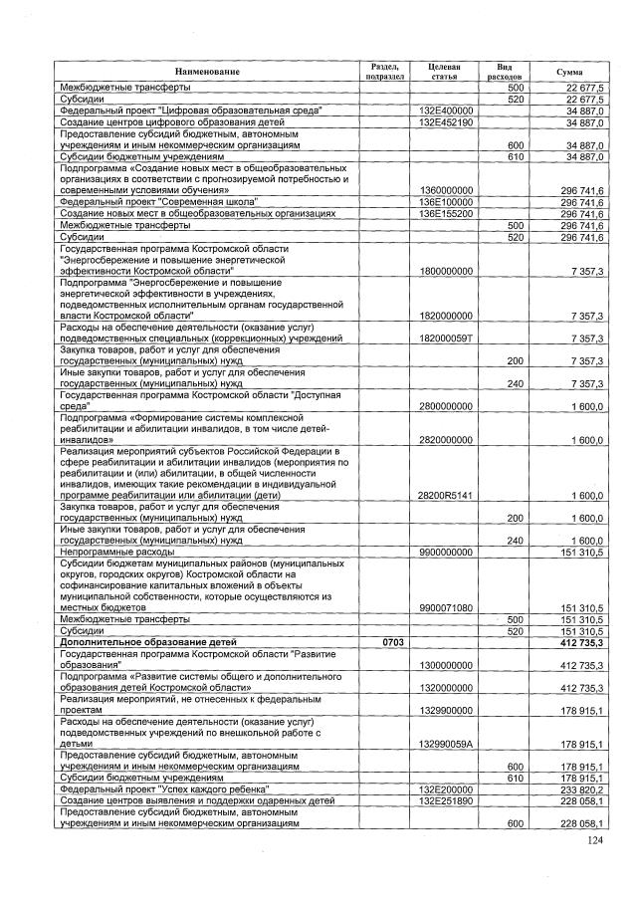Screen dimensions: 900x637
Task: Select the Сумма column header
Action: (x=570, y=71)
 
